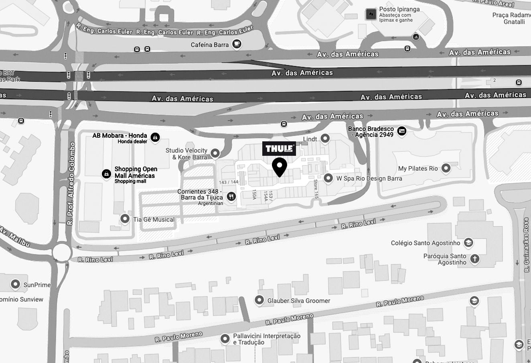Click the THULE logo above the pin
tap(279, 149)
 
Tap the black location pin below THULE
tap(280, 166)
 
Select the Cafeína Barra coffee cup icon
tap(237, 44)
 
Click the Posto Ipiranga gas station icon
tap(371, 14)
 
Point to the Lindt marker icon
tap(325, 139)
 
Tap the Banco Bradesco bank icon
tap(401, 131)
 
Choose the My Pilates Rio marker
tap(446, 168)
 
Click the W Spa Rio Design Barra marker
tap(328, 178)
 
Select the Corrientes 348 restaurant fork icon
tap(231, 196)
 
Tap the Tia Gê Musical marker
tap(125, 219)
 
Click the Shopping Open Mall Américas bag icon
tap(106, 174)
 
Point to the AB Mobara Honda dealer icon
tap(155, 137)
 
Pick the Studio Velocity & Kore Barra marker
tap(215, 153)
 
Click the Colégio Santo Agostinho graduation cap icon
tap(468, 243)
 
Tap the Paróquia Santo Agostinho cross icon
tap(474, 259)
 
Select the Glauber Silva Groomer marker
tap(259, 300)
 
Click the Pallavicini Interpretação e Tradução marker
tap(225, 339)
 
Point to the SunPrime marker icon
tap(15, 284)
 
